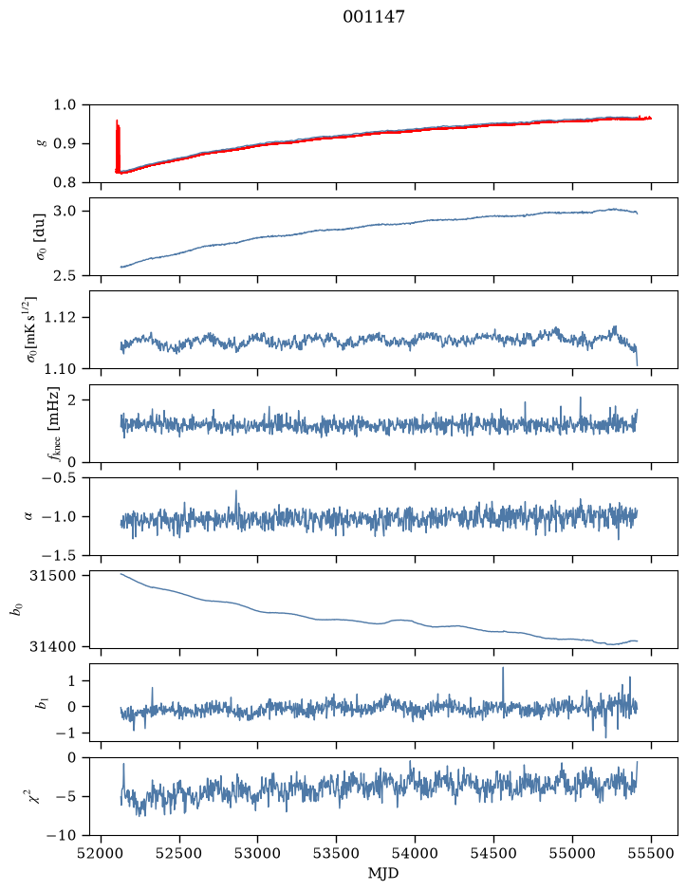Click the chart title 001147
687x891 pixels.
[374, 16]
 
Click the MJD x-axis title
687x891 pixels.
[383, 873]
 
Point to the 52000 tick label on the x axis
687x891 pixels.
[101, 853]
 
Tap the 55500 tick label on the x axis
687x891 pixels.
[651, 853]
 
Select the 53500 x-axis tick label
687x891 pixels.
[337, 853]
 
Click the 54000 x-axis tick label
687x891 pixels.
[415, 853]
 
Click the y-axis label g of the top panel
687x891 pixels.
[41, 144]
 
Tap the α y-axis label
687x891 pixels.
[28, 516]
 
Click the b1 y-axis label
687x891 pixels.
[41, 703]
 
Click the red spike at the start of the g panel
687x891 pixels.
[118, 146]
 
